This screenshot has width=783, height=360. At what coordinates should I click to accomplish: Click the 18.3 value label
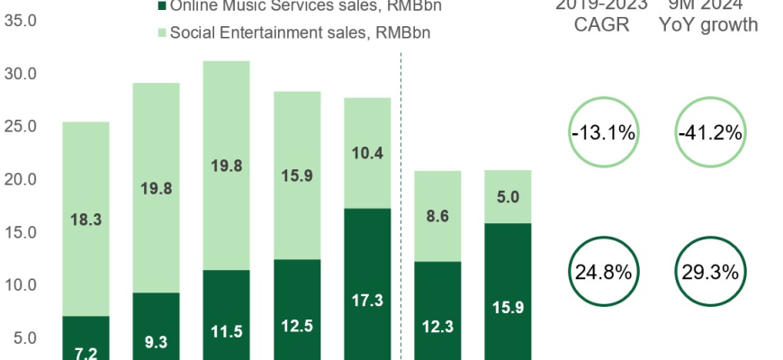85,219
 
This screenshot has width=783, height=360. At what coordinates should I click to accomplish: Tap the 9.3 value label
156,342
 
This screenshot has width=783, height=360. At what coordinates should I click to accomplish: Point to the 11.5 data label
226,332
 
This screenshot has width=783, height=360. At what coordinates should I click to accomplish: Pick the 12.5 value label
297,326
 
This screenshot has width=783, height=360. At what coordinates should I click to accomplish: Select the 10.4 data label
367,153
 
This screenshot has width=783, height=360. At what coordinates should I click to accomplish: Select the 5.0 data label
508,196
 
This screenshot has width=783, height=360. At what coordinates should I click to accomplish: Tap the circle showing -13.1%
603,133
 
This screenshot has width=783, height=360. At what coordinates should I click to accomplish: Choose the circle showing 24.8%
603,269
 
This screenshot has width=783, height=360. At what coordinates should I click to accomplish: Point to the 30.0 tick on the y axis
19,73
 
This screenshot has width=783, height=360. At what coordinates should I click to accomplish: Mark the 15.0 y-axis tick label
19,232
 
